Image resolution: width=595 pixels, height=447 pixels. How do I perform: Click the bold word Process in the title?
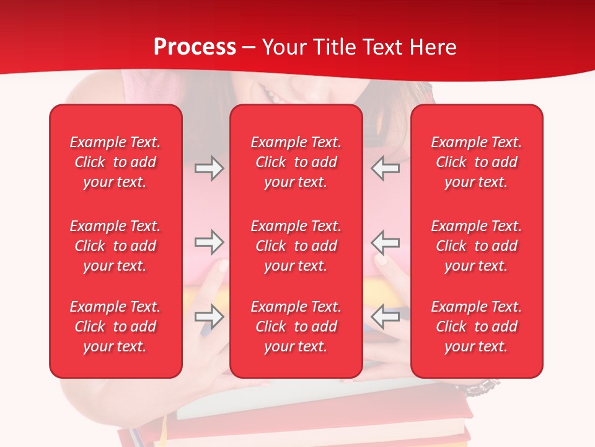[x=195, y=47]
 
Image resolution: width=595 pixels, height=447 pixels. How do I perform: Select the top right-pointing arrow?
[x=209, y=168]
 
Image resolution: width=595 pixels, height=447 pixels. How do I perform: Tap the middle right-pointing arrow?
[x=209, y=242]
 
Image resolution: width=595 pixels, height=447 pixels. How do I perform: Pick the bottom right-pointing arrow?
[x=209, y=317]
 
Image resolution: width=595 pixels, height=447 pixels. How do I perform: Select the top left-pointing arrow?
[x=386, y=168]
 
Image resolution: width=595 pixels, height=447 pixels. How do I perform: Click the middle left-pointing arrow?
[x=386, y=242]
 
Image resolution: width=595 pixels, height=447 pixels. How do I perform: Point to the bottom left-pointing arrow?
[x=386, y=317]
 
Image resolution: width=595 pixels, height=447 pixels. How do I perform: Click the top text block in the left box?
[x=115, y=162]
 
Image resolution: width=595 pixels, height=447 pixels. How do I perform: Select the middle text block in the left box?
[x=115, y=246]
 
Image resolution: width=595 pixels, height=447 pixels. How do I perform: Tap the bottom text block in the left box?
[x=115, y=327]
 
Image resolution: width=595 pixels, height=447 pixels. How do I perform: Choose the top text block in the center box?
[x=296, y=162]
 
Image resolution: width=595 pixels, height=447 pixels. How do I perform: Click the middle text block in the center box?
[x=296, y=246]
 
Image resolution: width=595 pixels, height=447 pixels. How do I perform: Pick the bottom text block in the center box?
[x=296, y=327]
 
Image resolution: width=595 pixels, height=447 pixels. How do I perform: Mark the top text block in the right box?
[x=477, y=162]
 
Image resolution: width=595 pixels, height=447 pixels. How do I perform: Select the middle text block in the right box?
[x=477, y=246]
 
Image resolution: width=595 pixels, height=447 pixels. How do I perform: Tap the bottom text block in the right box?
[x=477, y=327]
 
